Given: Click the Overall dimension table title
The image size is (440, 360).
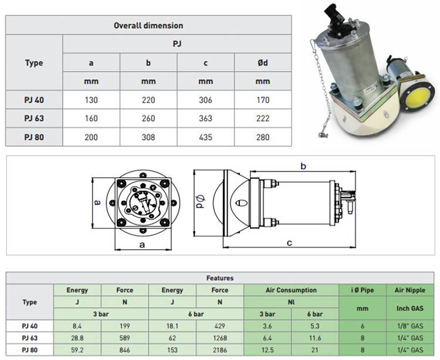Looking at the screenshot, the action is (148, 26).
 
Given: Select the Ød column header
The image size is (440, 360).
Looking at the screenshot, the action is (263, 63).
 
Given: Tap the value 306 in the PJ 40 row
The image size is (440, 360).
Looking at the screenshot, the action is (205, 100).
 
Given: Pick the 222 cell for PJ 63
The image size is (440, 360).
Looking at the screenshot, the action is (263, 119).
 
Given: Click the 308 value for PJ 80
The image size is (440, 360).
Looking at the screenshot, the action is (148, 137).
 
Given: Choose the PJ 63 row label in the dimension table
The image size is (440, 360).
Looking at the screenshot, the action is (34, 119).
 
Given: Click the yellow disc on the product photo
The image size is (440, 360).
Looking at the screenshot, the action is (417, 99).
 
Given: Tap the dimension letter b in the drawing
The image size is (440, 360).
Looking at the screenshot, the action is (303, 166).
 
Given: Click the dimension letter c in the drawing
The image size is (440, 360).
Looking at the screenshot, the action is (289, 243).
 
